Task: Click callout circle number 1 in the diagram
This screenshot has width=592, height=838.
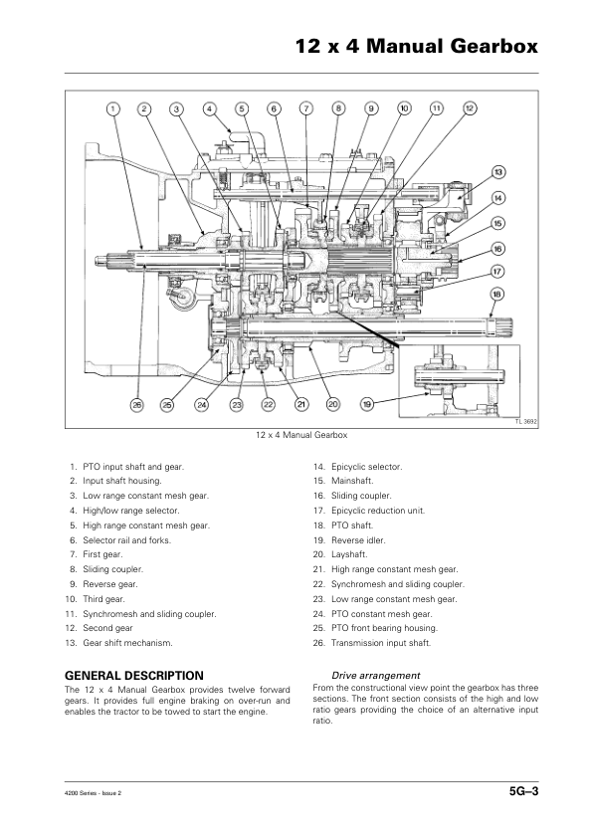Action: tap(112, 109)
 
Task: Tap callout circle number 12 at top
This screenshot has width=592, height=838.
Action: tap(469, 108)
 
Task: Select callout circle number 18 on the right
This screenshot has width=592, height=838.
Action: tap(496, 294)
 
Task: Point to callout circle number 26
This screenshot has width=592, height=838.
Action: tap(137, 405)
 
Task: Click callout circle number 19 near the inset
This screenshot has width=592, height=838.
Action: tap(367, 405)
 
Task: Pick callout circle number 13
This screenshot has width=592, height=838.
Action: tap(497, 172)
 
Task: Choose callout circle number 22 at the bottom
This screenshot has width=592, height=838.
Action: tap(269, 405)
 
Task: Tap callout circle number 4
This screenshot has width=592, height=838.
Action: tap(210, 109)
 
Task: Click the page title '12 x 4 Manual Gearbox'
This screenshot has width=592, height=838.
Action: tap(417, 46)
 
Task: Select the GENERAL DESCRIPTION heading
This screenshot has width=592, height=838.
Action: tap(134, 676)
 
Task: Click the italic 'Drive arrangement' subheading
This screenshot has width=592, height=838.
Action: tap(376, 676)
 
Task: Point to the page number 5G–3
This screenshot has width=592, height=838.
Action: tap(523, 791)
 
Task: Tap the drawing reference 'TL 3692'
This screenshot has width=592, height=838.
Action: tap(526, 422)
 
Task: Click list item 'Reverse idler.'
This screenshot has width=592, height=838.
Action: tap(358, 540)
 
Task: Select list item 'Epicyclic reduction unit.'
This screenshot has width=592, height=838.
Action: tap(378, 511)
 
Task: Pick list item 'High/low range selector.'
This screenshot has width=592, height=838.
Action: tap(131, 511)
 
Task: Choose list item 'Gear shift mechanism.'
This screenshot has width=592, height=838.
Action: tap(127, 643)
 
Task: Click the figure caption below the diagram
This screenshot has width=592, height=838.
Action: tap(301, 435)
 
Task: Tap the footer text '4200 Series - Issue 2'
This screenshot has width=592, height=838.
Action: tap(93, 793)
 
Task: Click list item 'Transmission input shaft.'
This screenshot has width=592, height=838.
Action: tap(381, 643)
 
